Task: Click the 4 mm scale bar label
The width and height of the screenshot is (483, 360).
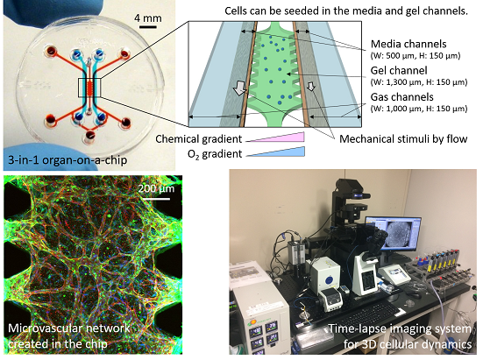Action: point(148,18)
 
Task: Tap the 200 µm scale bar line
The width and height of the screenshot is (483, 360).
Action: point(156,199)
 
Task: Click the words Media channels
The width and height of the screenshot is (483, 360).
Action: point(408,44)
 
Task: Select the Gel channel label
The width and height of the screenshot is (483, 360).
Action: point(399,70)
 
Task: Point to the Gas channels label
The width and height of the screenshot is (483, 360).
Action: point(402,97)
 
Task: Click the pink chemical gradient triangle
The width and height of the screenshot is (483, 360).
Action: point(275,138)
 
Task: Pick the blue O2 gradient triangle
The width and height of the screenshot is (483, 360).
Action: point(275,152)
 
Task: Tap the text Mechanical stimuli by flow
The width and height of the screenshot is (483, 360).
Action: point(403,138)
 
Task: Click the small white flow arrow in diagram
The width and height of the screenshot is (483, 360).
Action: point(311,86)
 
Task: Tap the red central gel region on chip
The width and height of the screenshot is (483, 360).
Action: point(90,88)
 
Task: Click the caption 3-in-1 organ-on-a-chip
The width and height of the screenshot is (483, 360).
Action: point(67,160)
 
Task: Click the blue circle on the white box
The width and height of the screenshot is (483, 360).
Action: point(330,280)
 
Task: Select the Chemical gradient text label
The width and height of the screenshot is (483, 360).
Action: point(199,138)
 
